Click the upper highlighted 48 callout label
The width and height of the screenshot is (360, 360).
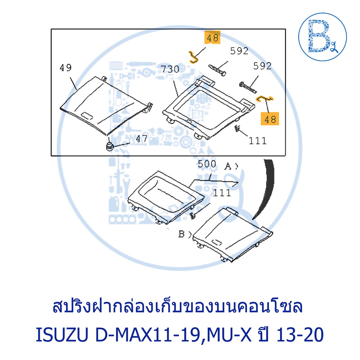[x=212, y=37]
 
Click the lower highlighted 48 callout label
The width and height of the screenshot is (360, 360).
[x=270, y=119]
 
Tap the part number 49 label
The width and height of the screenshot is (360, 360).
[x=65, y=67]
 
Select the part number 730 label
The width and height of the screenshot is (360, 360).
[x=170, y=69]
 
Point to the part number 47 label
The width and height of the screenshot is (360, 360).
[x=142, y=139]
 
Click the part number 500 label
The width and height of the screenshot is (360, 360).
[x=207, y=164]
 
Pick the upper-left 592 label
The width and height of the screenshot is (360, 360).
[x=239, y=51]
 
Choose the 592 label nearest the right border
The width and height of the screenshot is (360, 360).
[x=262, y=66]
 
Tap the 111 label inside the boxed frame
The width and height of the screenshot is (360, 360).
[x=258, y=141]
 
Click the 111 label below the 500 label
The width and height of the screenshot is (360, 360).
[x=222, y=193]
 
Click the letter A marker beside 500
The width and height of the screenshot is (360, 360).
[x=228, y=166]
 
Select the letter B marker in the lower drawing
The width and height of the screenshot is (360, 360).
[x=181, y=234]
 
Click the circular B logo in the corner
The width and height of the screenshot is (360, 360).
[x=322, y=37]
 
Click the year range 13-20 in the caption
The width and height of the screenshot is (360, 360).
[x=300, y=335]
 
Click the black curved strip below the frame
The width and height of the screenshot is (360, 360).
[x=268, y=188]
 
